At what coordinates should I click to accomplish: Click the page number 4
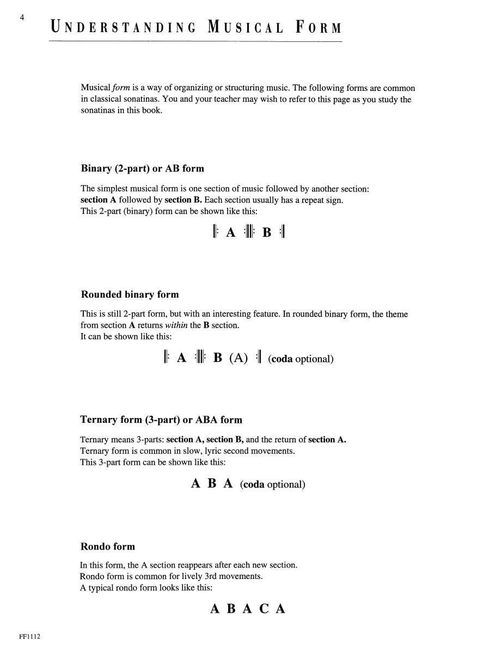click(22, 17)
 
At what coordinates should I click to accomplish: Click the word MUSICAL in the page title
click(246, 27)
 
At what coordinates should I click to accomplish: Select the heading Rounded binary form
click(130, 294)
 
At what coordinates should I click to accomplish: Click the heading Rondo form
click(107, 546)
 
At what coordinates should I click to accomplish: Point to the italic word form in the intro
click(122, 88)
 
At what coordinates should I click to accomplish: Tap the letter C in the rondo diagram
click(264, 608)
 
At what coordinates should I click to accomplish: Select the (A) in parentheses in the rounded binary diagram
click(238, 358)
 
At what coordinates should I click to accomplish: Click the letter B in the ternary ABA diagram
click(212, 483)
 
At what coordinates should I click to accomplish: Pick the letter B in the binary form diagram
click(267, 233)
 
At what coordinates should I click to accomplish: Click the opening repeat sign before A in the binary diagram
click(215, 232)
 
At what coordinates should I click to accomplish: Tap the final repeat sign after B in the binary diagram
click(282, 232)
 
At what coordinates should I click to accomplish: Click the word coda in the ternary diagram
click(254, 484)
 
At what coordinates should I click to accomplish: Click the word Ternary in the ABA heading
click(100, 420)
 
